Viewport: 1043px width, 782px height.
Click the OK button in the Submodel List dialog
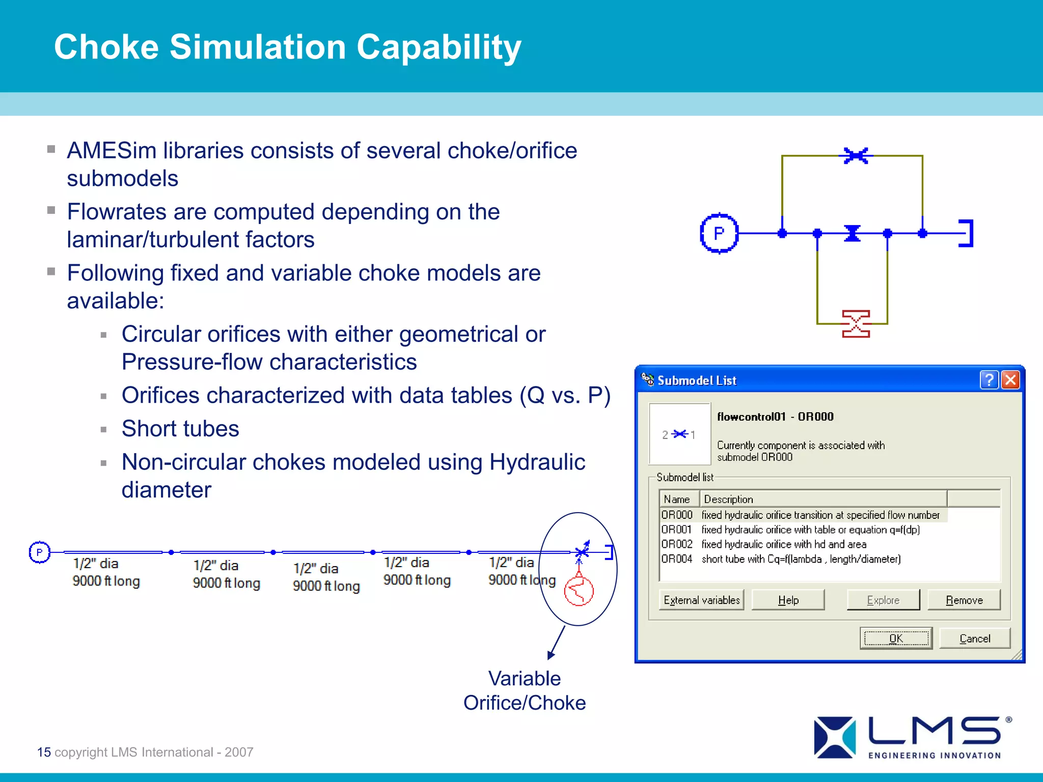(896, 638)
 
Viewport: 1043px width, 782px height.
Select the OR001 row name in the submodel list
(676, 529)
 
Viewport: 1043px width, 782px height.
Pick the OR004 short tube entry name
(676, 559)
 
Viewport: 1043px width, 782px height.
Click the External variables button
(701, 600)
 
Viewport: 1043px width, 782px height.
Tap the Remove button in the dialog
(964, 600)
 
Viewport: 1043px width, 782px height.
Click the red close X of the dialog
(1010, 380)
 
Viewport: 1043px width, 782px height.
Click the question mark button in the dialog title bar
(989, 380)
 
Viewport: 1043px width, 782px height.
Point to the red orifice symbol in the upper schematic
(856, 324)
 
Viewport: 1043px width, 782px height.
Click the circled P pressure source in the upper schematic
(719, 233)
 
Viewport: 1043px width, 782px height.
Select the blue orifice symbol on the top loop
(856, 155)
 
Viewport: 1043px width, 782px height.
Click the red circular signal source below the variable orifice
(579, 591)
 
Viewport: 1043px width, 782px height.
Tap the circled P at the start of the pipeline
(40, 552)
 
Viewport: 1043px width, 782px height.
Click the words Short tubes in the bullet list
(180, 428)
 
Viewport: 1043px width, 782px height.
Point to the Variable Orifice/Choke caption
(525, 690)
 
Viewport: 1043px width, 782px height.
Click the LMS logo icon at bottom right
(834, 737)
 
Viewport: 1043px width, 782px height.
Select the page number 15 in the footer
(44, 752)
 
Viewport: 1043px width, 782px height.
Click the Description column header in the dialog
(728, 499)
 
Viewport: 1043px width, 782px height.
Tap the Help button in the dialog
(788, 600)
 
